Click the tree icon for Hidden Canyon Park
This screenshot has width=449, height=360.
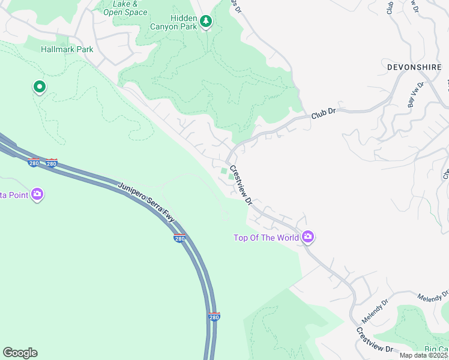206,22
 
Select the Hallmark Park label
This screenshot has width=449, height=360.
67,49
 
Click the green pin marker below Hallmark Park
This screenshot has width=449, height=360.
40,88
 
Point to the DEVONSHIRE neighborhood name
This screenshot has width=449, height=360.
415,67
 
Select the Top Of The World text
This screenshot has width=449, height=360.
266,238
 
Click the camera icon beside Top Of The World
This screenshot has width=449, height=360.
308,238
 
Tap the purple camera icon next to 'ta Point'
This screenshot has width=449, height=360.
37,194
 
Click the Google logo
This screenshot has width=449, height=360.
20,352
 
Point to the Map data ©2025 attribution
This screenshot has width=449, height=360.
423,355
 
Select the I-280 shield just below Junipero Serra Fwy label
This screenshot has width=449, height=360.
179,238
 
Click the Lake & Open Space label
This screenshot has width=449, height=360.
125,8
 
